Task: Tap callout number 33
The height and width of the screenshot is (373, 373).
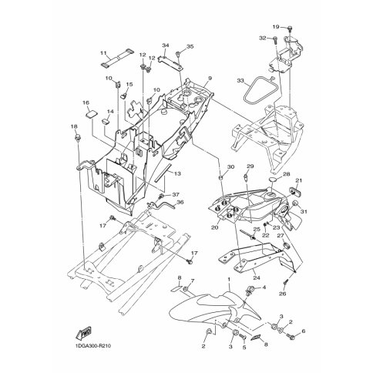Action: click(240, 81)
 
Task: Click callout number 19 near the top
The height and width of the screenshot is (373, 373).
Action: click(276, 27)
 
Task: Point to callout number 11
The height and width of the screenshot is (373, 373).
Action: click(103, 53)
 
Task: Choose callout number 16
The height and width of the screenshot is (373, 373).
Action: click(86, 102)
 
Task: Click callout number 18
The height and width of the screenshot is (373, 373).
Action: click(74, 126)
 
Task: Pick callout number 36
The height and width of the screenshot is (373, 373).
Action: click(180, 202)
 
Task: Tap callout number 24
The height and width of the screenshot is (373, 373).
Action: click(257, 277)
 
